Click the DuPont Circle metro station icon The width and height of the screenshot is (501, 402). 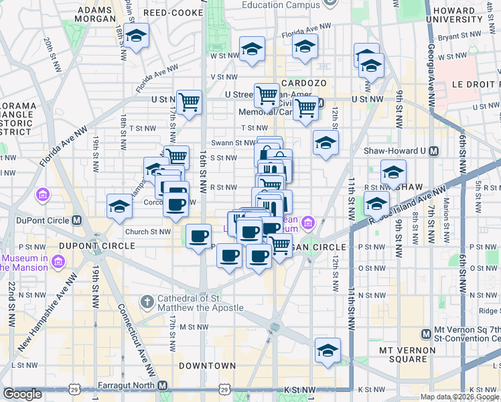coord(77,220)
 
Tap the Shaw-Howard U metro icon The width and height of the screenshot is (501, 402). coord(433,151)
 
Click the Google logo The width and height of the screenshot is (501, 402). coord(22,394)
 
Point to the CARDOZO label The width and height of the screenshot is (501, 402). coord(303,82)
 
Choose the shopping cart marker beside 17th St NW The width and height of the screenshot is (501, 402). coord(189,103)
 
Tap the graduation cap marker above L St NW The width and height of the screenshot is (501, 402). coord(328,350)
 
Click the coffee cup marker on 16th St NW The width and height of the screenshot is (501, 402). coord(199,237)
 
